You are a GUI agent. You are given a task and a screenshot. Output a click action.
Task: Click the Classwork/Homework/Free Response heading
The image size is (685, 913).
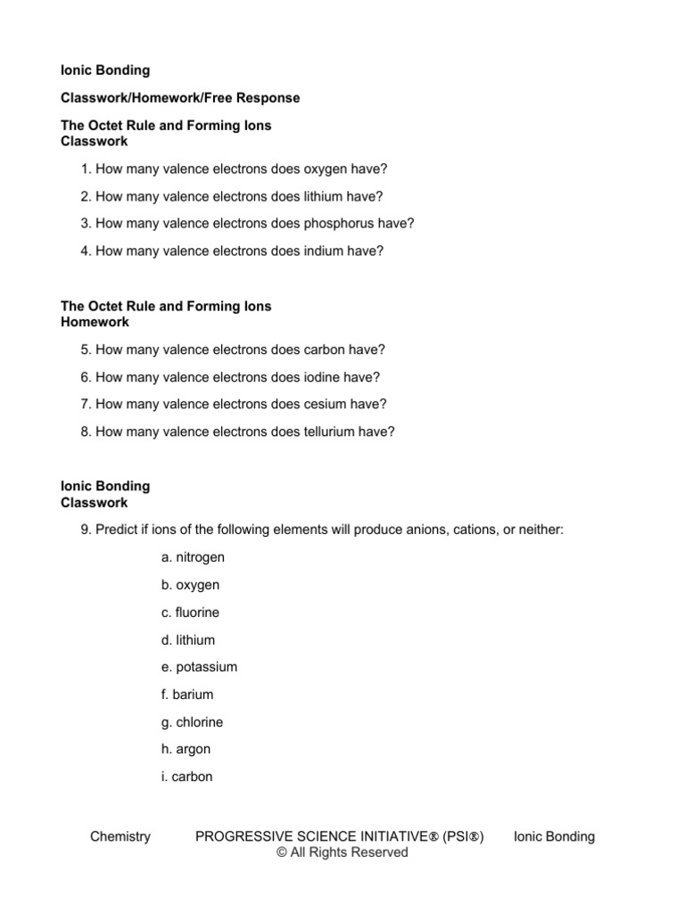click(179, 97)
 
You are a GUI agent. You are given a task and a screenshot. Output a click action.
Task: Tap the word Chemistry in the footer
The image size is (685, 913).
click(120, 836)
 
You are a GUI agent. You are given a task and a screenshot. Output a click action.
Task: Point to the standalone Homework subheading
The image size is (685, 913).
click(95, 322)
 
